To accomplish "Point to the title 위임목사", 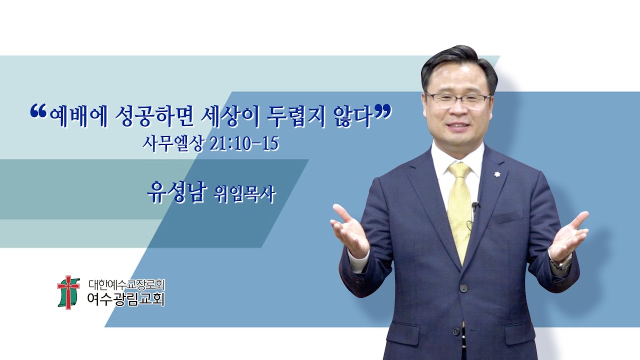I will click(244, 193).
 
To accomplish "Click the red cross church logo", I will click(68, 291).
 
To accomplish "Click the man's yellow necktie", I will click(460, 210).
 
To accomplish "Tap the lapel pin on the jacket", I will click(498, 174).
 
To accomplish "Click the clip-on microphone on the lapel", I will click(475, 205).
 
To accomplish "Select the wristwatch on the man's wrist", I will click(563, 261).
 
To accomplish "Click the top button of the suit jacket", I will click(463, 288).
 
